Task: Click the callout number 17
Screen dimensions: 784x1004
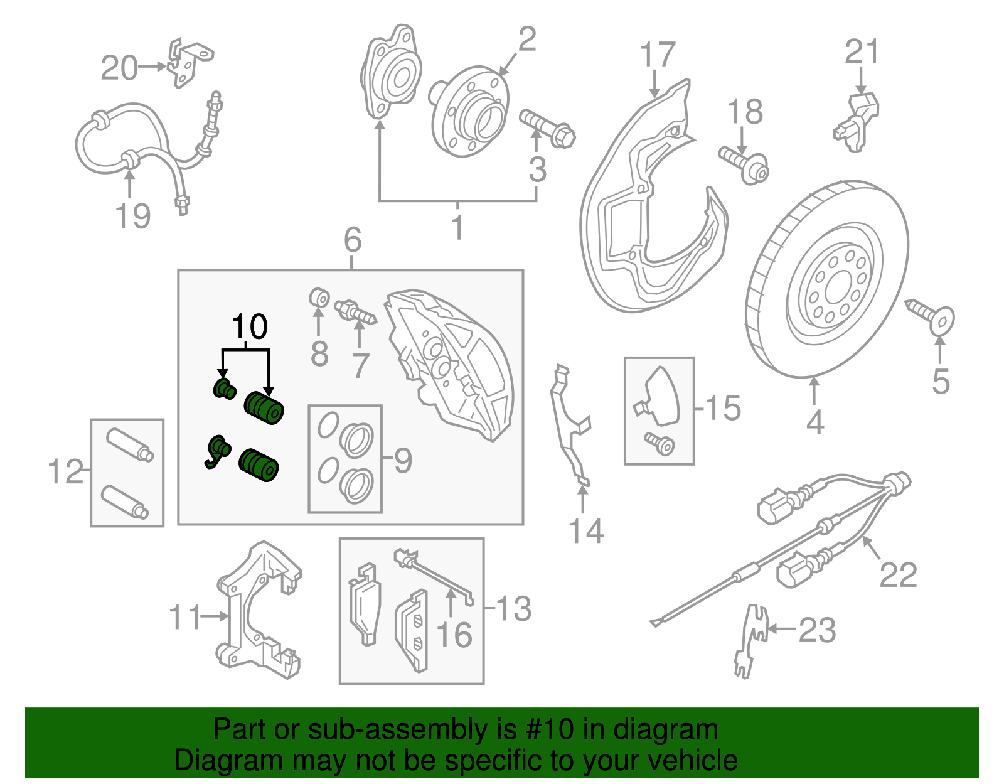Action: [658, 55]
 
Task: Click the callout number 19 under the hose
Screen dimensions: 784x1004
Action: [133, 217]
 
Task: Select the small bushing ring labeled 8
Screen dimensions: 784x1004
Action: [320, 297]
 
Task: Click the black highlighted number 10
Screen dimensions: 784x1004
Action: [250, 327]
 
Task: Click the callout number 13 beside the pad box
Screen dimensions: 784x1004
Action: [514, 609]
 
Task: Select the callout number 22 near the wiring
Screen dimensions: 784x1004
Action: [898, 574]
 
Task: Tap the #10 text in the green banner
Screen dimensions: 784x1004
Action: [546, 730]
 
